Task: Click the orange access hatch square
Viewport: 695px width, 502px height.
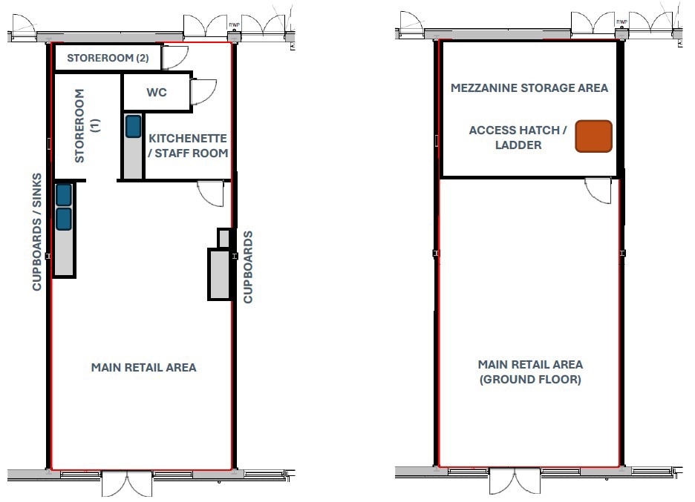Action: click(593, 136)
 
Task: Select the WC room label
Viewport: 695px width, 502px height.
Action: click(157, 93)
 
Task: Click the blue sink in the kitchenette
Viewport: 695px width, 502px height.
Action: click(133, 126)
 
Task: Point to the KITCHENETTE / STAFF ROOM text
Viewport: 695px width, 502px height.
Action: click(188, 145)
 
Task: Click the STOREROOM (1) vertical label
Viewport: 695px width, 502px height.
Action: click(88, 126)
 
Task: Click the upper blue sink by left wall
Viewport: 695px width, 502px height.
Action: click(64, 195)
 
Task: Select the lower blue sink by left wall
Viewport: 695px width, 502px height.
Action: click(64, 219)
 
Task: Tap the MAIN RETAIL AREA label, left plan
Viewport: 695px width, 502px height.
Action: click(143, 367)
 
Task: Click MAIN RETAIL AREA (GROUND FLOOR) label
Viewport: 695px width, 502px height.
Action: click(530, 371)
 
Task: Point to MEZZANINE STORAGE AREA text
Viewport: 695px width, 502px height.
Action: click(529, 87)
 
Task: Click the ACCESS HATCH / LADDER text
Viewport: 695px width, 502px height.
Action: click(518, 137)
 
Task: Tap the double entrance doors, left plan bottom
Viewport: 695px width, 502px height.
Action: click(127, 483)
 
